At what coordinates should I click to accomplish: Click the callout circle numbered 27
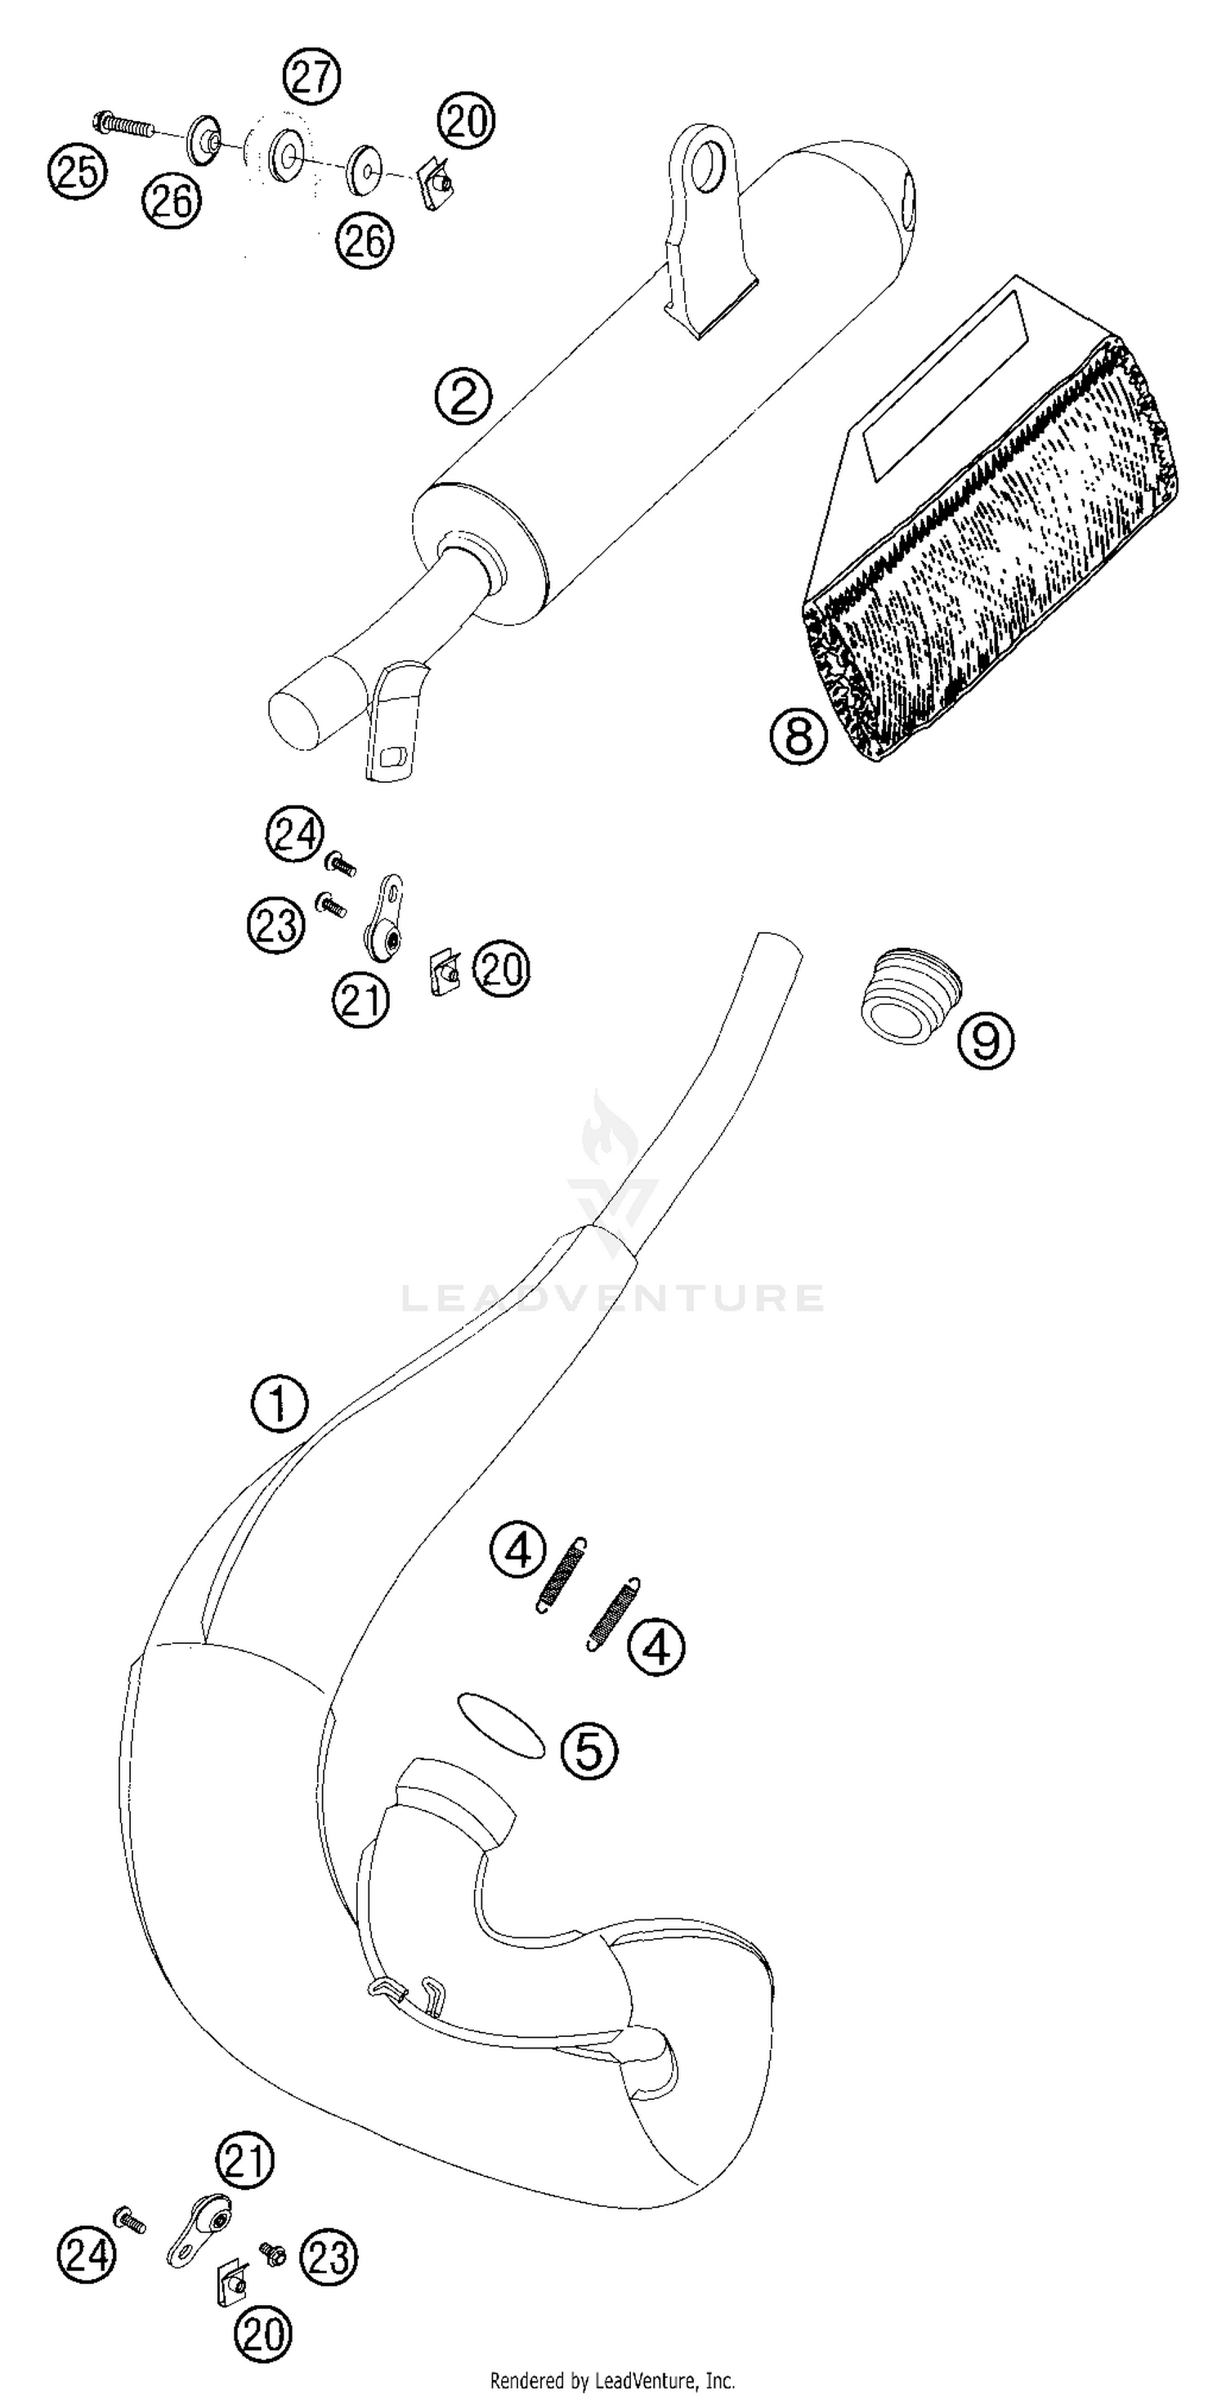312,76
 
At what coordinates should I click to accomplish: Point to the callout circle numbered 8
799,737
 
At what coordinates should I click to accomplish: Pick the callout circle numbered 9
986,1039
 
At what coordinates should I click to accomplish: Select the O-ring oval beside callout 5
500,1726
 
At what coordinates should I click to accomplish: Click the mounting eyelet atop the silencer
706,168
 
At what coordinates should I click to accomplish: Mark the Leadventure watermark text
612,1298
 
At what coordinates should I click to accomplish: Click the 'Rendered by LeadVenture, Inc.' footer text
612,2380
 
